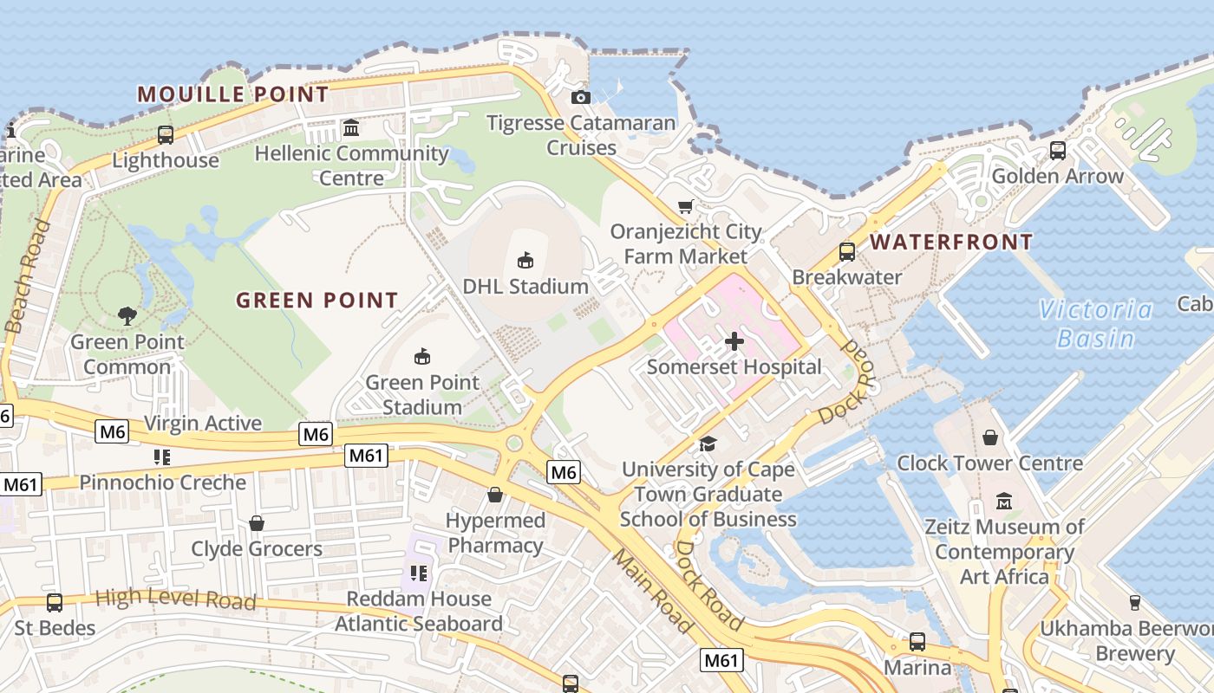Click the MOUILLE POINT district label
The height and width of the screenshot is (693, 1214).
pyautogui.click(x=233, y=94)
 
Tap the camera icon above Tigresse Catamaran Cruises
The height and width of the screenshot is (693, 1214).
pyautogui.click(x=581, y=97)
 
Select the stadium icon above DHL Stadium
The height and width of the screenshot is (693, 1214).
pyautogui.click(x=525, y=259)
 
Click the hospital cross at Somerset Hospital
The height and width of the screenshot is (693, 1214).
pyautogui.click(x=734, y=340)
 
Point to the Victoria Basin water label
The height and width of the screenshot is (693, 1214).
pyautogui.click(x=1096, y=323)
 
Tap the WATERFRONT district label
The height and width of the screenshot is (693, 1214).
pyautogui.click(x=951, y=242)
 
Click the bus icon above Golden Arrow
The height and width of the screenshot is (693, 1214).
pyautogui.click(x=1057, y=150)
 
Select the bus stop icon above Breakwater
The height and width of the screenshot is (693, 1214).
pyautogui.click(x=847, y=252)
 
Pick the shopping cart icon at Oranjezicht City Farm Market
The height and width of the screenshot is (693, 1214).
pyautogui.click(x=686, y=206)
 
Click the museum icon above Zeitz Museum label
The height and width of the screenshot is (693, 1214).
pyautogui.click(x=1004, y=501)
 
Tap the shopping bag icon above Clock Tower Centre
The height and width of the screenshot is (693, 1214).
pyautogui.click(x=989, y=437)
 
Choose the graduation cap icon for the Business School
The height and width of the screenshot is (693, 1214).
pyautogui.click(x=708, y=444)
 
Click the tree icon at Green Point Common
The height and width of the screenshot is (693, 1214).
pyautogui.click(x=127, y=316)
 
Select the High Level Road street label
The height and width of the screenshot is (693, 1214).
pyautogui.click(x=175, y=598)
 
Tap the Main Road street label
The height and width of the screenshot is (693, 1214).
pyautogui.click(x=653, y=591)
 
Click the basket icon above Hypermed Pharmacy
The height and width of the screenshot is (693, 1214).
pyautogui.click(x=495, y=495)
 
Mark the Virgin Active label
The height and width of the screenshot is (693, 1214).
pyautogui.click(x=203, y=423)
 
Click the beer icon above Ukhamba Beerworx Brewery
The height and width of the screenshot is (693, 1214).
pyautogui.click(x=1134, y=602)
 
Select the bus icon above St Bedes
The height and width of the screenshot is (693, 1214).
pyautogui.click(x=54, y=602)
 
